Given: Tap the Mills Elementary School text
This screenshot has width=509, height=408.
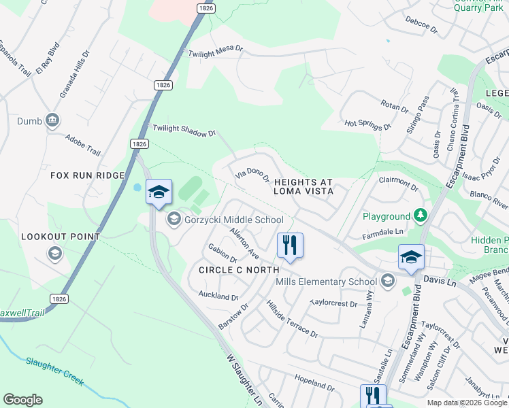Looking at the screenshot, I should click(326, 282).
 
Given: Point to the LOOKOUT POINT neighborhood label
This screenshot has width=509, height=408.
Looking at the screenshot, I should click(61, 237).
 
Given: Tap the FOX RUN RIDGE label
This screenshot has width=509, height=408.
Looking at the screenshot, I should click(88, 175).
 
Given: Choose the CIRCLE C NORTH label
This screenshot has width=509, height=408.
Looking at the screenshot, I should click(235, 270).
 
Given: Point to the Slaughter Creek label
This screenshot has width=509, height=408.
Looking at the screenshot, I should click(54, 370).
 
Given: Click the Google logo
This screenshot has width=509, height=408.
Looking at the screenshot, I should click(22, 400).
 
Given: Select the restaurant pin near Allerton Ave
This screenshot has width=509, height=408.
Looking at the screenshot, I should click(291, 245).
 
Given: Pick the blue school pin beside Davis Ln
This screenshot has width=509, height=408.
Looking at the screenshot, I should click(411, 258).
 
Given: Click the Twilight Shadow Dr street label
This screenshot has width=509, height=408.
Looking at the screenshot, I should click(184, 131).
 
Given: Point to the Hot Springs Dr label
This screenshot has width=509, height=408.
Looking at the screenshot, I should click(368, 125).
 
